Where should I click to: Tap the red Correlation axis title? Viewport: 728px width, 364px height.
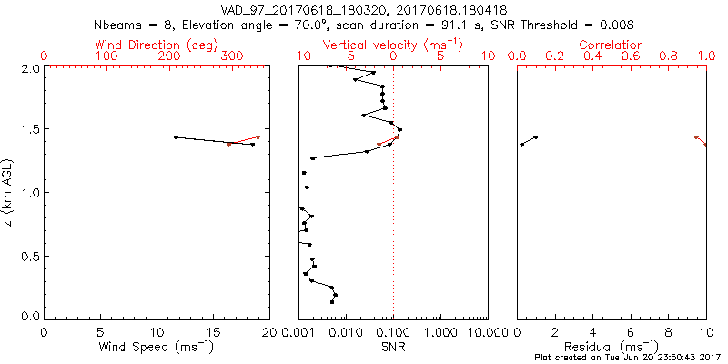tap(612, 45)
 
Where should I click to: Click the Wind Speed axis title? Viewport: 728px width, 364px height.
tap(157, 347)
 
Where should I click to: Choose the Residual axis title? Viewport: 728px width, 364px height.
tap(612, 347)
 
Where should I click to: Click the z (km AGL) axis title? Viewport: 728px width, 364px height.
tap(9, 192)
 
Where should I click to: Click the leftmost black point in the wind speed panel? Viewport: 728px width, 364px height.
tap(176, 137)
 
